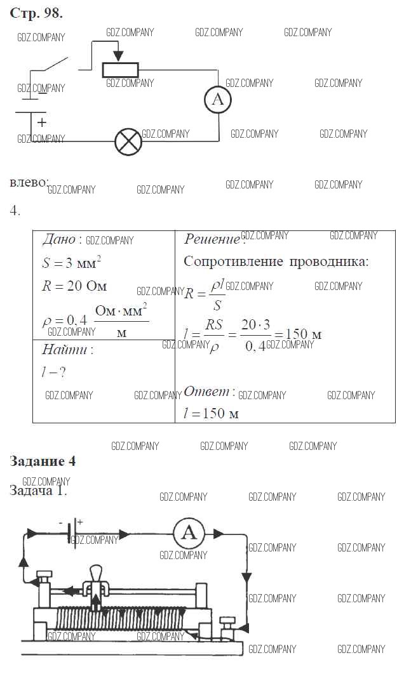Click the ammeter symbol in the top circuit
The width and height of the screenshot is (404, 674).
[x=218, y=100]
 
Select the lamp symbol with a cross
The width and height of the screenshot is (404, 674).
[x=128, y=142]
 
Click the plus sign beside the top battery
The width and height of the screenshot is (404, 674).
[x=42, y=122]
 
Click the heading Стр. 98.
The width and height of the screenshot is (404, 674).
[x=36, y=13]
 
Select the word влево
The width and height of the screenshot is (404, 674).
[x=29, y=183]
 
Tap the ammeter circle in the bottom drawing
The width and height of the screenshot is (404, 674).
[x=189, y=533]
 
